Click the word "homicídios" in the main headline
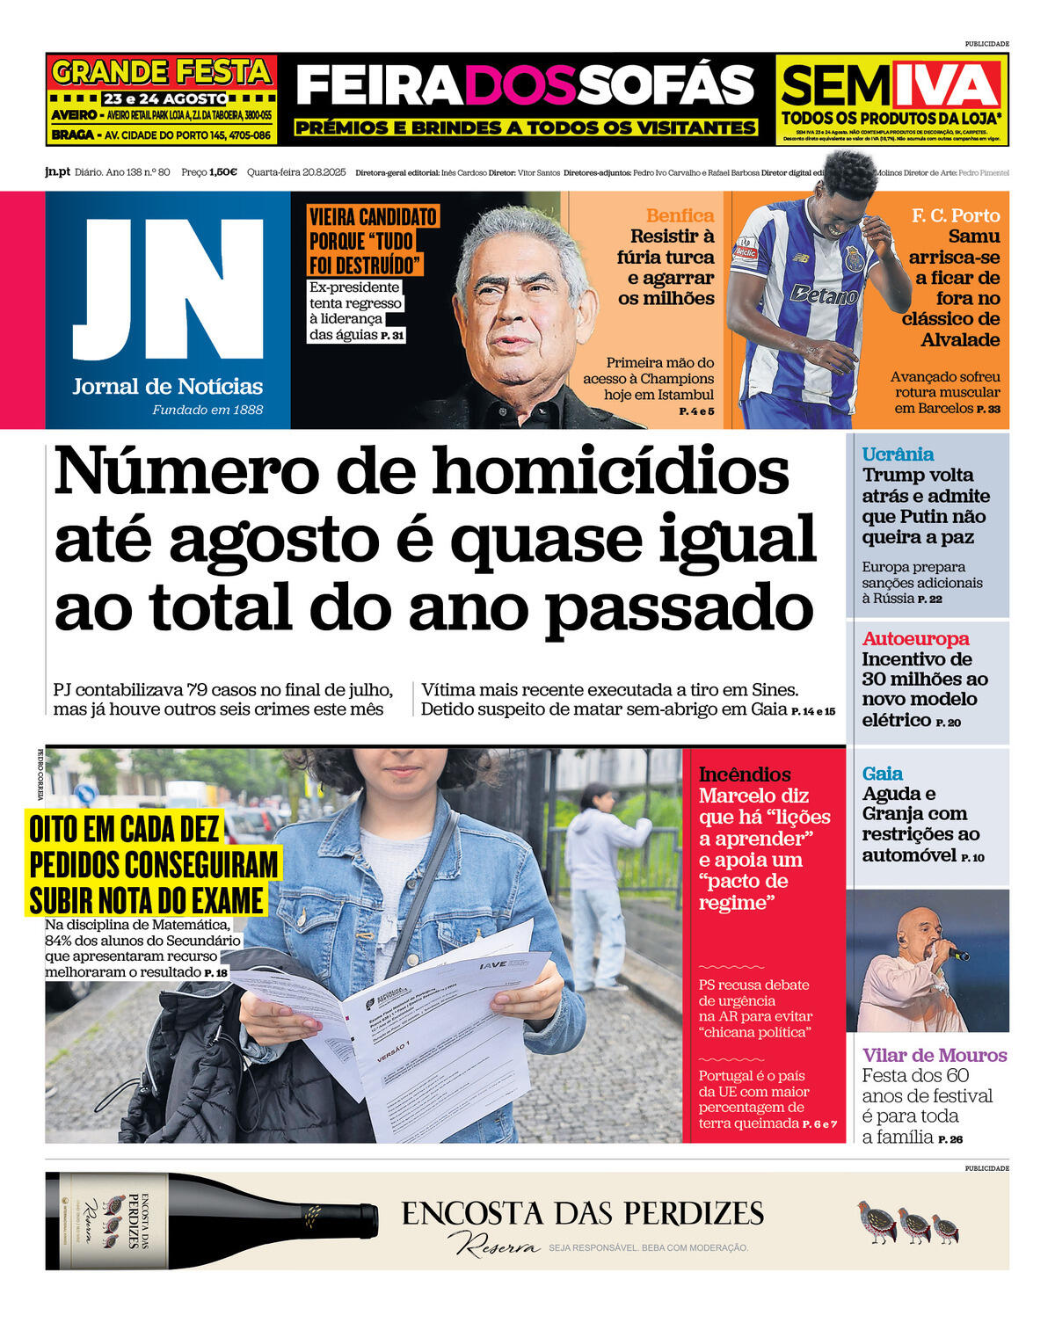click(x=610, y=472)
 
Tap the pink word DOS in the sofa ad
click(x=525, y=86)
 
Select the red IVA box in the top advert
click(x=947, y=85)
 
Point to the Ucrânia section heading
click(x=898, y=454)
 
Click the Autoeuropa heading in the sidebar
click(x=915, y=639)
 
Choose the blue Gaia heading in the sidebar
click(x=882, y=774)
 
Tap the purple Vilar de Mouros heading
click(x=934, y=1055)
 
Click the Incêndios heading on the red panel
click(x=745, y=774)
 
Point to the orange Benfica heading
click(x=680, y=215)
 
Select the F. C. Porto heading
click(x=956, y=215)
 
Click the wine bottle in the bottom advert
click(x=211, y=1221)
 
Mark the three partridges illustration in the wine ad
click(x=907, y=1223)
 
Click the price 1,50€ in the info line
click(x=222, y=172)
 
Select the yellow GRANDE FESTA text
click(x=161, y=71)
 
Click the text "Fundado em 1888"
click(x=207, y=410)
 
